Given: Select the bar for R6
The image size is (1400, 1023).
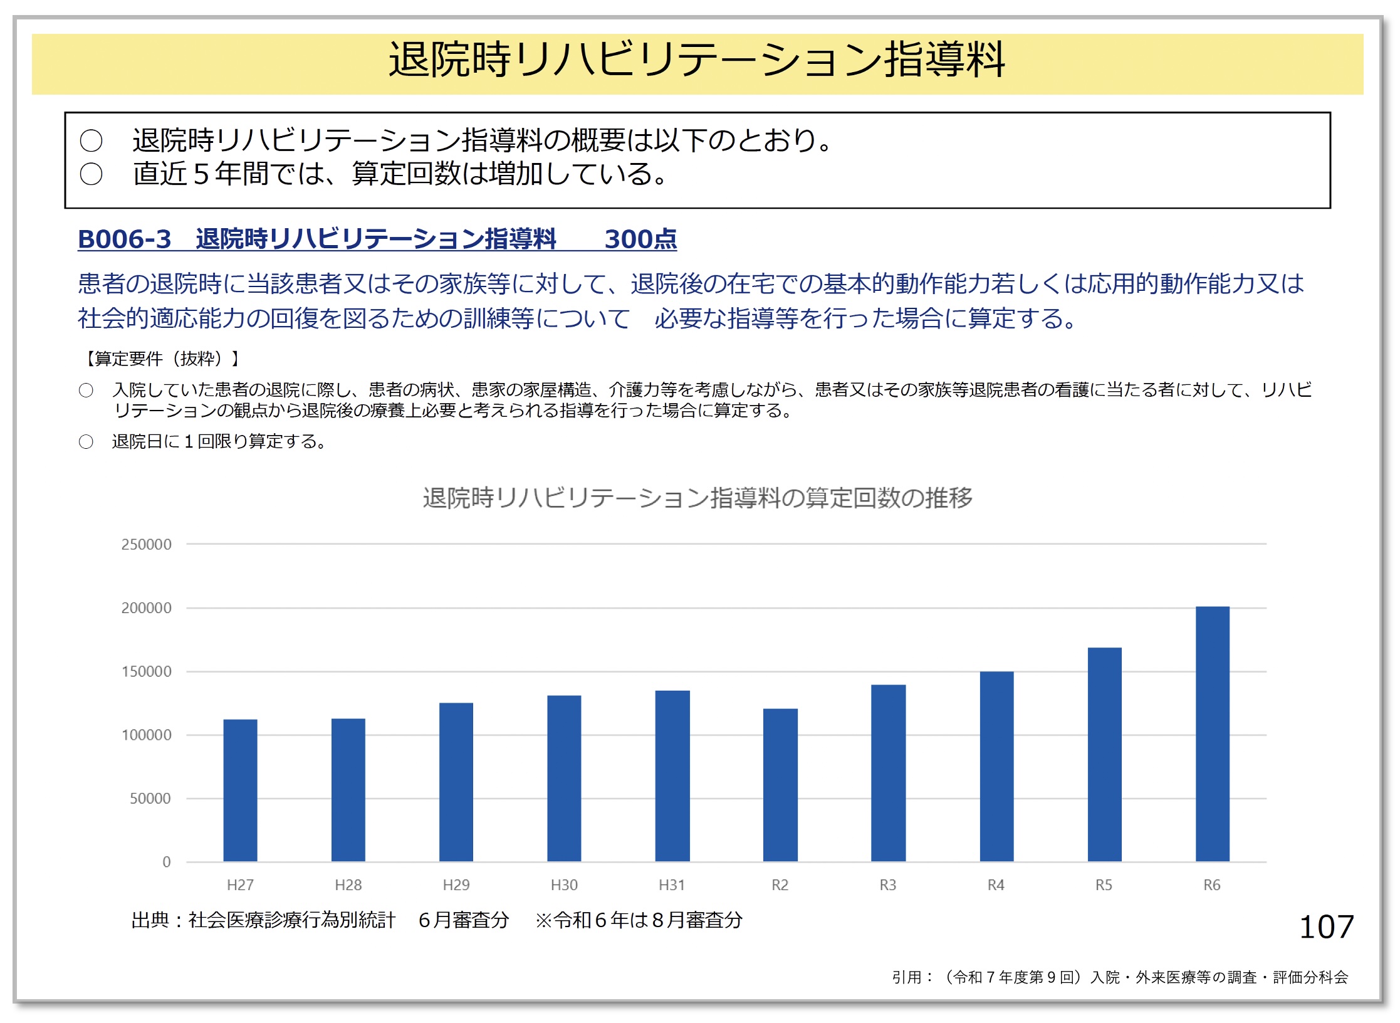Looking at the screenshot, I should coord(1212,734).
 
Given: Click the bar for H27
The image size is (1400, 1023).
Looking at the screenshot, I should coord(240,790).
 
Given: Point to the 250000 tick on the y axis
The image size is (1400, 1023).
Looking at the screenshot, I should coord(146,544).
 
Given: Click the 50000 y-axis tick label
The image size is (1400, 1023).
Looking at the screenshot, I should coord(150,799).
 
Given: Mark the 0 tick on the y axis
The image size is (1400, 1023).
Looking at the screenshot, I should coord(166,862).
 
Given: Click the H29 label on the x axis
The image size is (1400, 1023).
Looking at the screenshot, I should coord(456,885).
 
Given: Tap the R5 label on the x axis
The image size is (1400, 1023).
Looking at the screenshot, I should coord(1104,885).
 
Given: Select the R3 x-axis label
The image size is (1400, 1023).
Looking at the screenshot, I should coord(888,885).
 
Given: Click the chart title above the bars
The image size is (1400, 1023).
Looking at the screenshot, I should coord(697,498).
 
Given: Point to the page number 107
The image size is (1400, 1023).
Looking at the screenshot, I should coord(1327,927).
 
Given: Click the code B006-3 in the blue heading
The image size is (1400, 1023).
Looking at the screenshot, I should coord(124,239).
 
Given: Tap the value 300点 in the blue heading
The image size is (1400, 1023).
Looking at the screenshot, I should coord(640,239).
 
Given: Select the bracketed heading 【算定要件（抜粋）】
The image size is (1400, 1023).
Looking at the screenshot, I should coord(160,359).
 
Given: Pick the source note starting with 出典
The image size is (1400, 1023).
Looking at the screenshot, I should coord(437,920).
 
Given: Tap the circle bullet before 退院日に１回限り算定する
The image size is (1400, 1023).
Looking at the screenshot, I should coord(86,442).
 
